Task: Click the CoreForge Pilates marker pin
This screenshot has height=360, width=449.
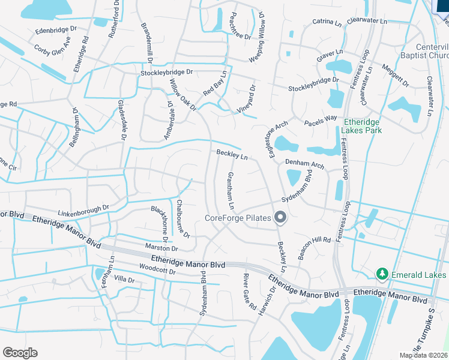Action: pyautogui.click(x=279, y=218)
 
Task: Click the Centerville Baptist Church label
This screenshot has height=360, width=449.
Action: pyautogui.click(x=432, y=52)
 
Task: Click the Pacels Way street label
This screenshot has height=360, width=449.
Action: pyautogui.click(x=321, y=121)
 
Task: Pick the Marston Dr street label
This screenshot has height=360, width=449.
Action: pyautogui.click(x=162, y=248)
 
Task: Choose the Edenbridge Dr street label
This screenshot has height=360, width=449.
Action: pyautogui.click(x=56, y=29)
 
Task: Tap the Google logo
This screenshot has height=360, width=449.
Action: pyautogui.click(x=20, y=353)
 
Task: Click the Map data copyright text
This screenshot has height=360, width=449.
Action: pyautogui.click(x=423, y=356)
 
